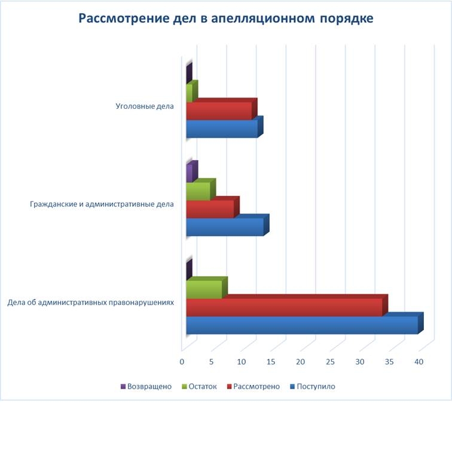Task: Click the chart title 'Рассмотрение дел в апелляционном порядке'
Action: click(226, 19)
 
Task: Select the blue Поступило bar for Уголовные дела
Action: click(222, 129)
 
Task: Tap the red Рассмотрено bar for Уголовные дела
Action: click(219, 111)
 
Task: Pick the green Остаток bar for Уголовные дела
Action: click(190, 93)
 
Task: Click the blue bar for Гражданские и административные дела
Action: click(225, 227)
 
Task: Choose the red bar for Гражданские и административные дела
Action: click(210, 209)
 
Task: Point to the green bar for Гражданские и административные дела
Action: click(198, 191)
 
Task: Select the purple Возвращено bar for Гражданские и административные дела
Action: click(190, 173)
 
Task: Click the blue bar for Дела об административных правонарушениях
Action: click(302, 325)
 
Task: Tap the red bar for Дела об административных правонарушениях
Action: click(284, 307)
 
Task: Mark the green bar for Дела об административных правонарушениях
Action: click(204, 289)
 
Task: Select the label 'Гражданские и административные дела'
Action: click(102, 204)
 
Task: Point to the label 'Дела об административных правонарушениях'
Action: click(91, 302)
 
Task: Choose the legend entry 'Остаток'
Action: click(203, 386)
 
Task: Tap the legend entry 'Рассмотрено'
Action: click(256, 386)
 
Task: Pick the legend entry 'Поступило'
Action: click(316, 386)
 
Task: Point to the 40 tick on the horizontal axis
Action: click(419, 362)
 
